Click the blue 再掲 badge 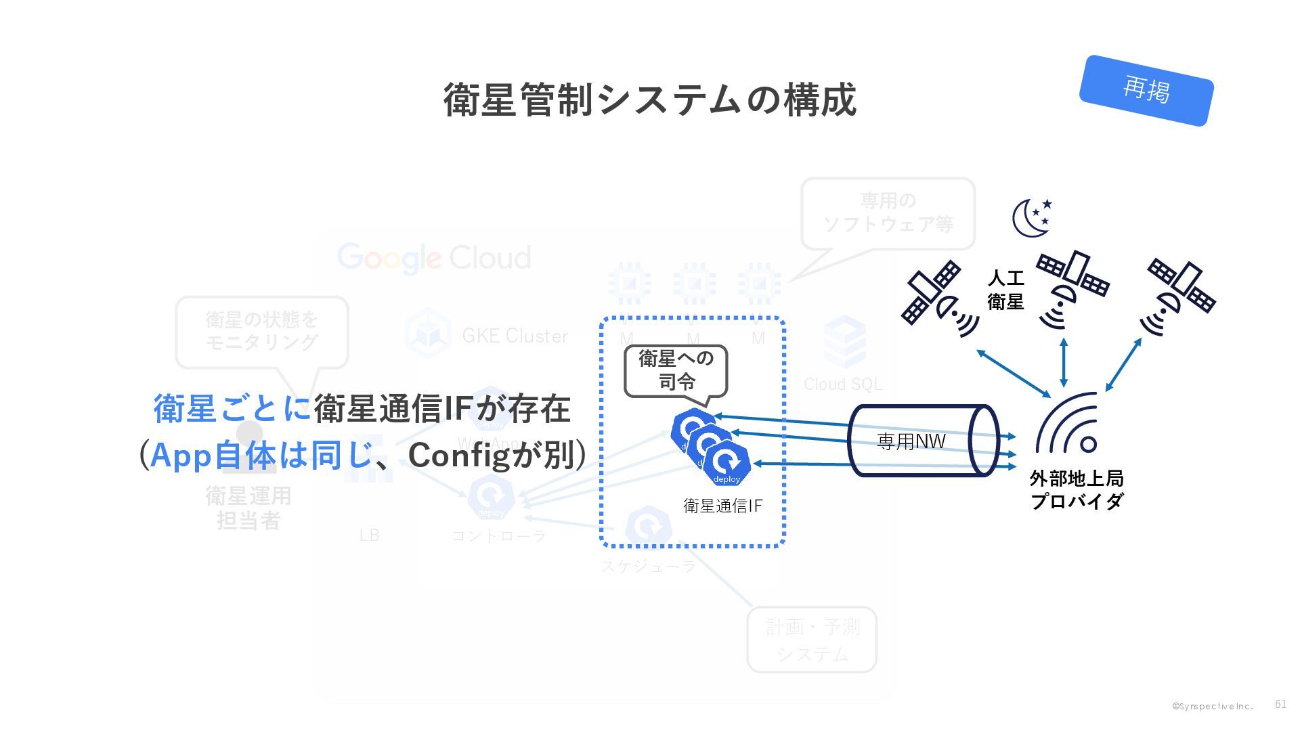tap(1146, 90)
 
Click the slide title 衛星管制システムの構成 tap(650, 100)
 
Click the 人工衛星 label tap(1005, 290)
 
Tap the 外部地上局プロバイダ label tap(1077, 490)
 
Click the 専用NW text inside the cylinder tap(911, 442)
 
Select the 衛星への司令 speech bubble tap(676, 370)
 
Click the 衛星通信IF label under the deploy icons tap(722, 506)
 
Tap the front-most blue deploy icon tap(727, 464)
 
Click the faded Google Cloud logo tap(434, 258)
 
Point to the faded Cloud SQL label tap(843, 384)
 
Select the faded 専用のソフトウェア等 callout tap(888, 213)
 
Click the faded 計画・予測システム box tap(812, 640)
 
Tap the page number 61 tap(1280, 704)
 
